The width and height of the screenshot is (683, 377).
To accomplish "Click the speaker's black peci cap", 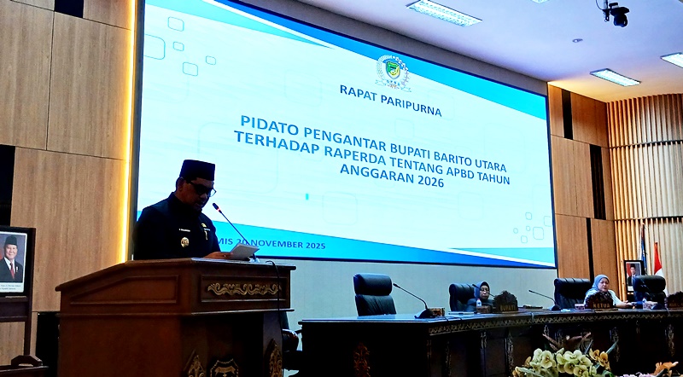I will click(x=197, y=168).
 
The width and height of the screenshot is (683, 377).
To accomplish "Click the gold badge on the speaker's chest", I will click(x=185, y=242).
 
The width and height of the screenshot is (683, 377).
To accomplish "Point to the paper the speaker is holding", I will click(x=242, y=252).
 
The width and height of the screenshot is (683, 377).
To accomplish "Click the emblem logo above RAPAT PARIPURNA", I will click(x=393, y=71).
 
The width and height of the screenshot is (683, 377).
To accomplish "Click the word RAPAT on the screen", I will click(x=359, y=90).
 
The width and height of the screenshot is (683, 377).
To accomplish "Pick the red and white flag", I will click(x=657, y=259).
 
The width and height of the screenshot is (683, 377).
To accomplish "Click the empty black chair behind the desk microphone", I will click(x=374, y=293).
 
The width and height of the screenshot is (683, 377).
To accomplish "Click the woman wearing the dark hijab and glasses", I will click(x=482, y=293).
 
